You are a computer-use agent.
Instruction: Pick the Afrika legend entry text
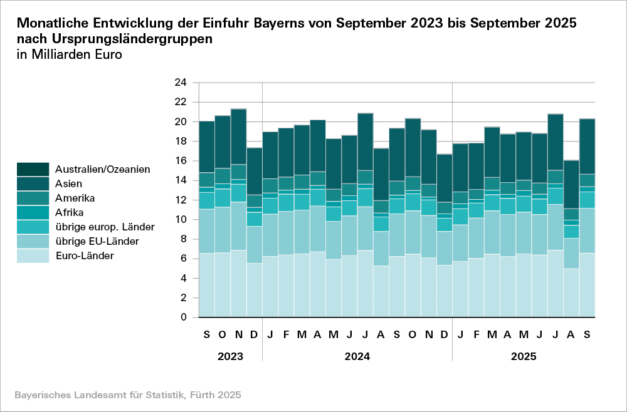tap(69, 212)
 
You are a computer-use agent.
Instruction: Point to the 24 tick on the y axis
tap(180, 82)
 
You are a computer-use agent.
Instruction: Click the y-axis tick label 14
tap(180, 180)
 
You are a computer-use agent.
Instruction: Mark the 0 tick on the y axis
tap(183, 317)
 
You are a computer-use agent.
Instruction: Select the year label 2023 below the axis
tap(230, 356)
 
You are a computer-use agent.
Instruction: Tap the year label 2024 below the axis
tap(357, 356)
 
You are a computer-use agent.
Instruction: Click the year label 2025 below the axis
tap(524, 356)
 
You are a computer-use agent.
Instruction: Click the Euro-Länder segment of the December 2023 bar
tap(254, 290)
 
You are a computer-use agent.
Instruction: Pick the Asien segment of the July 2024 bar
tap(365, 142)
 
